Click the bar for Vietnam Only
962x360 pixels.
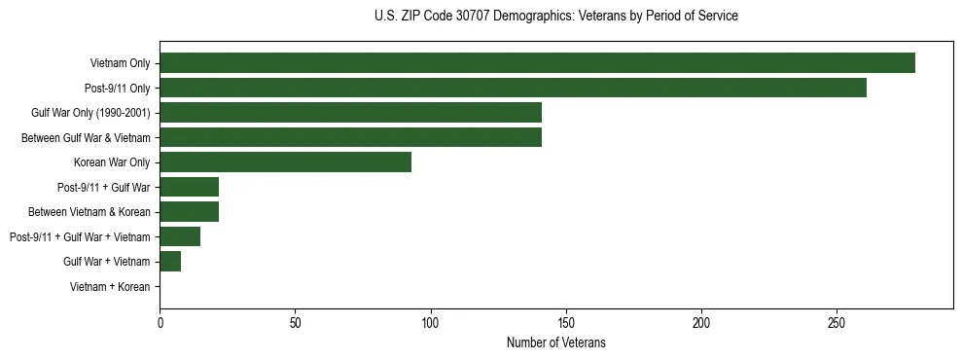click(537, 63)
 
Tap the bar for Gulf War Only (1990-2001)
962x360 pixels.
click(350, 113)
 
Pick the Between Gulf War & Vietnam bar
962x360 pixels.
click(350, 137)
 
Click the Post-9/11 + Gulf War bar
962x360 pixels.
click(189, 187)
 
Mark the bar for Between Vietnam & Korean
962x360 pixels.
click(189, 212)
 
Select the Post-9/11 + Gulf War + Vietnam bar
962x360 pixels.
click(180, 236)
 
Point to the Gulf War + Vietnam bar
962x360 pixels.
click(170, 262)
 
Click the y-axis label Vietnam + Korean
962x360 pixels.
click(110, 287)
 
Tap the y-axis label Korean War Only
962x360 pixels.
click(112, 162)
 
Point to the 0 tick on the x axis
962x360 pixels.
click(160, 321)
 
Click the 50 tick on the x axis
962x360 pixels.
click(295, 321)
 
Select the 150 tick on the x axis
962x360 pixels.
click(566, 321)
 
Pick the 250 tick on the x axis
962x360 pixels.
click(837, 321)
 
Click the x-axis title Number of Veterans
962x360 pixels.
click(555, 342)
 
